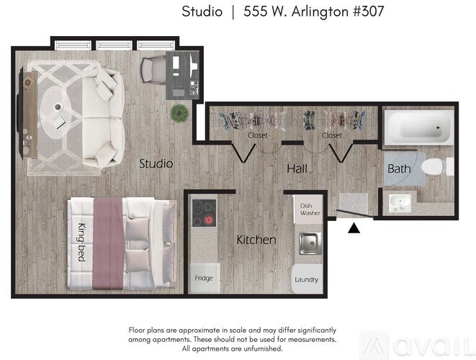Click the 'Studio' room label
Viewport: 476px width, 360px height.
(156, 163)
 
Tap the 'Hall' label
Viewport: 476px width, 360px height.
(297, 168)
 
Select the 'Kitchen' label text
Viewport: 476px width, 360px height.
(256, 240)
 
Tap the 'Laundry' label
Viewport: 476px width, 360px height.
(306, 279)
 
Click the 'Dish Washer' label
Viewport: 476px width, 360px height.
(310, 210)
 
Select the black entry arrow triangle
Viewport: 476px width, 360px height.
(354, 228)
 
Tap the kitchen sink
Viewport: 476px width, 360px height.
(310, 242)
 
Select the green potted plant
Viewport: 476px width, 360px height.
(179, 112)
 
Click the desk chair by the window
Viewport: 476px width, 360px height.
(153, 69)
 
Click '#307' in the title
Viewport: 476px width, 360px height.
(369, 12)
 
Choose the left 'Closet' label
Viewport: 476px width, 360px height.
(258, 135)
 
